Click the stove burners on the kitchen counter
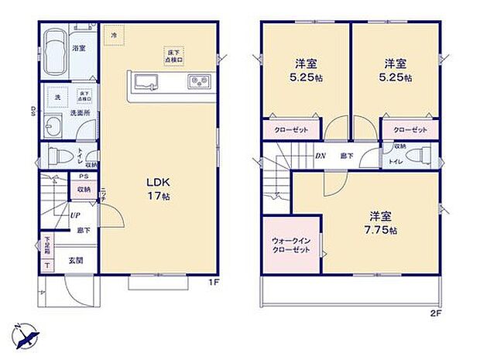[x=197, y=81]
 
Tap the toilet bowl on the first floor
[x=55, y=157]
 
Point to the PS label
[x=82, y=176]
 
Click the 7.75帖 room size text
[x=382, y=231]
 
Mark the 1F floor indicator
[x=214, y=283]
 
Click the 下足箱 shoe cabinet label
[x=46, y=246]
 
